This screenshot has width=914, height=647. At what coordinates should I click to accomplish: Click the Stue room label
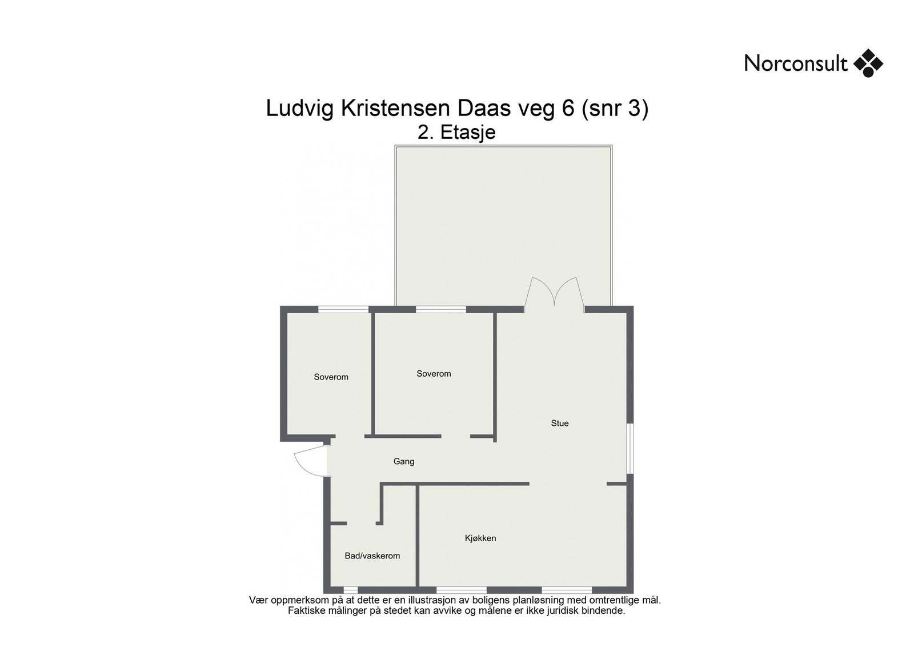click(559, 424)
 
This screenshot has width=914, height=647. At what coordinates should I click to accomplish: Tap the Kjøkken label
click(480, 538)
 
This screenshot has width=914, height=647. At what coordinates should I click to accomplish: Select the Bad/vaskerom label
click(372, 556)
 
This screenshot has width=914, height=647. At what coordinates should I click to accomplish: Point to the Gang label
click(403, 461)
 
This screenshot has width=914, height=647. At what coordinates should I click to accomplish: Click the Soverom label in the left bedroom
click(331, 377)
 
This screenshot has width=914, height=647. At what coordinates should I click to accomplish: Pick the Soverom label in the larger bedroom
click(434, 374)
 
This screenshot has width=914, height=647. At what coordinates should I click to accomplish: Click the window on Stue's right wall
click(630, 449)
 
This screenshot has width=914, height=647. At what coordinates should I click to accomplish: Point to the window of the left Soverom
click(343, 309)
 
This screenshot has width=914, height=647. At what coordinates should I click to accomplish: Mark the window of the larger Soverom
click(441, 309)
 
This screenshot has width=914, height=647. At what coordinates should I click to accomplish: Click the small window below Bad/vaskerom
click(351, 590)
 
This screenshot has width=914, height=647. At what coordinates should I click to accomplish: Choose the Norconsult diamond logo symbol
click(868, 63)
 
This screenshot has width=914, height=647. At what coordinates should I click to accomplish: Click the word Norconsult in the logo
click(795, 63)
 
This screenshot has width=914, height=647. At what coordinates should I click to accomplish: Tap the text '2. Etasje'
click(456, 133)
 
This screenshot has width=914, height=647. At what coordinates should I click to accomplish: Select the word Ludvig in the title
click(300, 109)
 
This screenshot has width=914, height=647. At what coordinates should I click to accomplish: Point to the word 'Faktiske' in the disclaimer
click(307, 610)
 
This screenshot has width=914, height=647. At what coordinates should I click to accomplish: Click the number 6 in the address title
click(568, 109)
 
